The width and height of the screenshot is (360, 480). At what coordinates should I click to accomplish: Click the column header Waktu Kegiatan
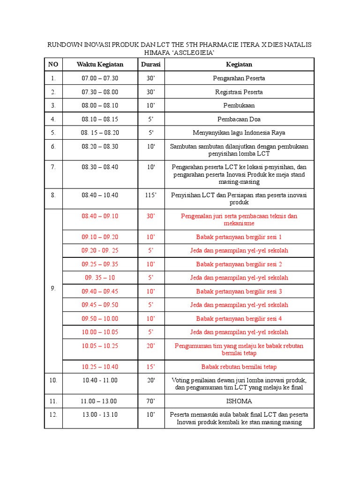[x=100, y=64]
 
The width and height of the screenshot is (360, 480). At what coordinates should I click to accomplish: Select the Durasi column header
[x=151, y=64]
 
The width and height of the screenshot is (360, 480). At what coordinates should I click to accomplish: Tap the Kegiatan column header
[x=239, y=64]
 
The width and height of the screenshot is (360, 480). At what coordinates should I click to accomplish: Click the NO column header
[x=53, y=64]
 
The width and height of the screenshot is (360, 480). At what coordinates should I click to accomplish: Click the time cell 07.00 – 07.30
[x=100, y=78]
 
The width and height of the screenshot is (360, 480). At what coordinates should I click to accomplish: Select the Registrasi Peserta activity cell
[x=239, y=92]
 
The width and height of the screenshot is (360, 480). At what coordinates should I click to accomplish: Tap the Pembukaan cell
[x=239, y=105]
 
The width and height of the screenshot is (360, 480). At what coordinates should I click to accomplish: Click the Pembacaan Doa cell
[x=239, y=119]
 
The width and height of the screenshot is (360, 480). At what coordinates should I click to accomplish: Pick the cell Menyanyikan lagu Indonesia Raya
[x=239, y=133]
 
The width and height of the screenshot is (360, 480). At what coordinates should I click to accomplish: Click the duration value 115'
[x=151, y=195]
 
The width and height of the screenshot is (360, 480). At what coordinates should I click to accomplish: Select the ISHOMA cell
[x=239, y=401]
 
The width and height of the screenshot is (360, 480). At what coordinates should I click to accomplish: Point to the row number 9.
[x=53, y=289]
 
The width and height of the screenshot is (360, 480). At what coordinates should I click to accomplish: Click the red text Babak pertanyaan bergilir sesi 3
[x=239, y=292]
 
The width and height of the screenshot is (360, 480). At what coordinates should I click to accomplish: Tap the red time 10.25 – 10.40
[x=100, y=367]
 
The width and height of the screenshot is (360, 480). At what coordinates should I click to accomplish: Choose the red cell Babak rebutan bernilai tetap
[x=239, y=367]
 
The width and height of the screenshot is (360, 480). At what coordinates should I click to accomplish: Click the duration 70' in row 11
[x=151, y=401]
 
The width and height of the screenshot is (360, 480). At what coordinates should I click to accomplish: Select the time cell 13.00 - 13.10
[x=100, y=415]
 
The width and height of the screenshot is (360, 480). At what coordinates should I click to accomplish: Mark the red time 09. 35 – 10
[x=100, y=277]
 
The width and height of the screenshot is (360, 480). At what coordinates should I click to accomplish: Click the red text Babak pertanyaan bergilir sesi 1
[x=239, y=237]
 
